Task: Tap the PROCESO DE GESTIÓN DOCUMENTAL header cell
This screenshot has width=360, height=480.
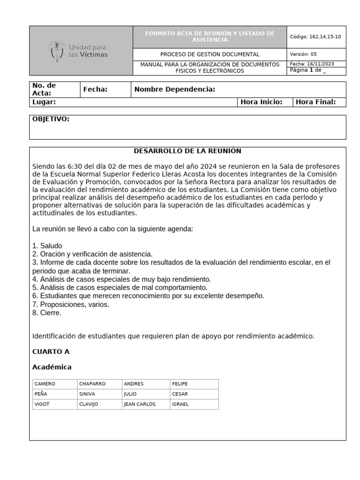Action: pos(210,54)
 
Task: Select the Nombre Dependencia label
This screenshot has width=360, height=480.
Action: pos(174,90)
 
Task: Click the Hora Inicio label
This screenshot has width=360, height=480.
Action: pos(261,102)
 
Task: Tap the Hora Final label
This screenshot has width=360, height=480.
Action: pos(315,102)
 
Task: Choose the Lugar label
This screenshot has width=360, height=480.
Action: pos(44,102)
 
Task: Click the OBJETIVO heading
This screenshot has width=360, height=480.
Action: pos(51,119)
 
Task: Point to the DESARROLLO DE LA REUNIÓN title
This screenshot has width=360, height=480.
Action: pos(187,151)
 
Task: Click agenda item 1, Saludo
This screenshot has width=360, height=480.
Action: pos(47,246)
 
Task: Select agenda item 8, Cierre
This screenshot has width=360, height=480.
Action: pos(47,313)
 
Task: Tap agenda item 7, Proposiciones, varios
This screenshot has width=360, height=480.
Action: pos(71,304)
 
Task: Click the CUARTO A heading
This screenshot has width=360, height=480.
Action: pos(51,351)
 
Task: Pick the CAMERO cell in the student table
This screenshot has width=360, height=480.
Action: pos(45,383)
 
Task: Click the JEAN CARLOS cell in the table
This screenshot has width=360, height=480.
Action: pos(139,404)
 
